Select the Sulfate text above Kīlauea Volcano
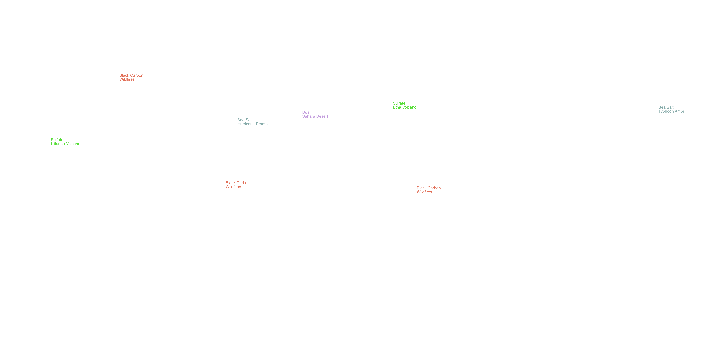pos(57,140)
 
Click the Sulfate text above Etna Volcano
pos(399,103)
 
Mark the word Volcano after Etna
pos(409,107)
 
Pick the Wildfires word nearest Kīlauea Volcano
pos(127,79)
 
